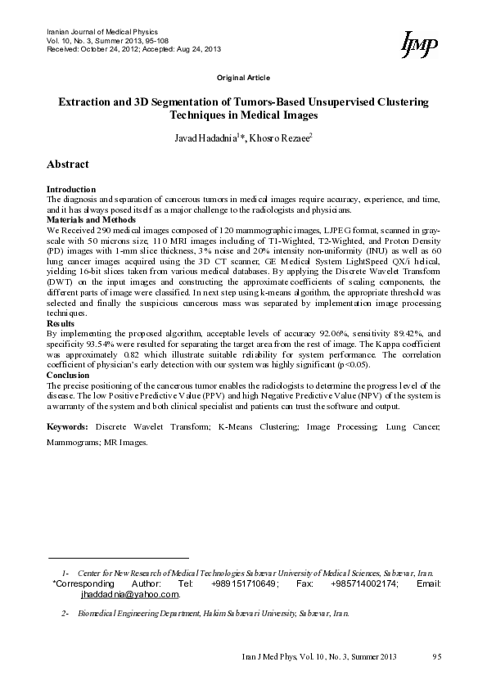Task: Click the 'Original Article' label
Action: pyautogui.click(x=243, y=77)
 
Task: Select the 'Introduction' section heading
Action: pyautogui.click(x=71, y=189)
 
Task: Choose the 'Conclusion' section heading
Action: pyautogui.click(x=68, y=375)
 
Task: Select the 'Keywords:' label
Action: pyautogui.click(x=68, y=427)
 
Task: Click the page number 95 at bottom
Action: pyautogui.click(x=436, y=657)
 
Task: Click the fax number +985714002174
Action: pyautogui.click(x=364, y=584)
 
